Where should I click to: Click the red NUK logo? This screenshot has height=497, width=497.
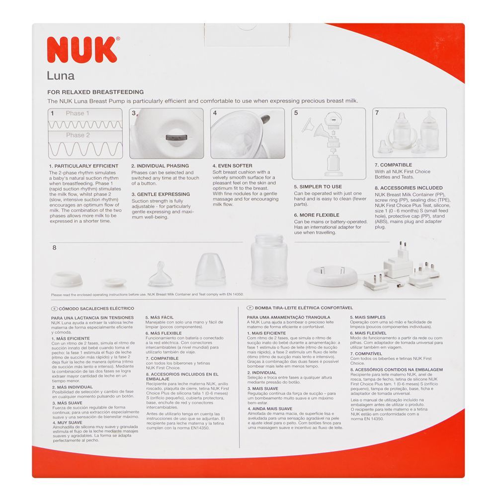tap(83, 49)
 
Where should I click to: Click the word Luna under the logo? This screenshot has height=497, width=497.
tap(61, 76)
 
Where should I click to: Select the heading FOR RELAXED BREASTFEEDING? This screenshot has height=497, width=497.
tap(95, 92)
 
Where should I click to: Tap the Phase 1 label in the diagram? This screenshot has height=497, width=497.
tap(78, 113)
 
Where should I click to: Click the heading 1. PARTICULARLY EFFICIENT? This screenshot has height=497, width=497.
tap(83, 166)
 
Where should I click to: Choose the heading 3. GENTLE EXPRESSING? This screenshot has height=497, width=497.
tap(161, 194)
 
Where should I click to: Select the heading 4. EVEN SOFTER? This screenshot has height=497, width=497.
tap(233, 166)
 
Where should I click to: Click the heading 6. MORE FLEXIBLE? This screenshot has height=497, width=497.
tap(317, 215)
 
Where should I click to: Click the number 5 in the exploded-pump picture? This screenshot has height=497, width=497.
tap(296, 113)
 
